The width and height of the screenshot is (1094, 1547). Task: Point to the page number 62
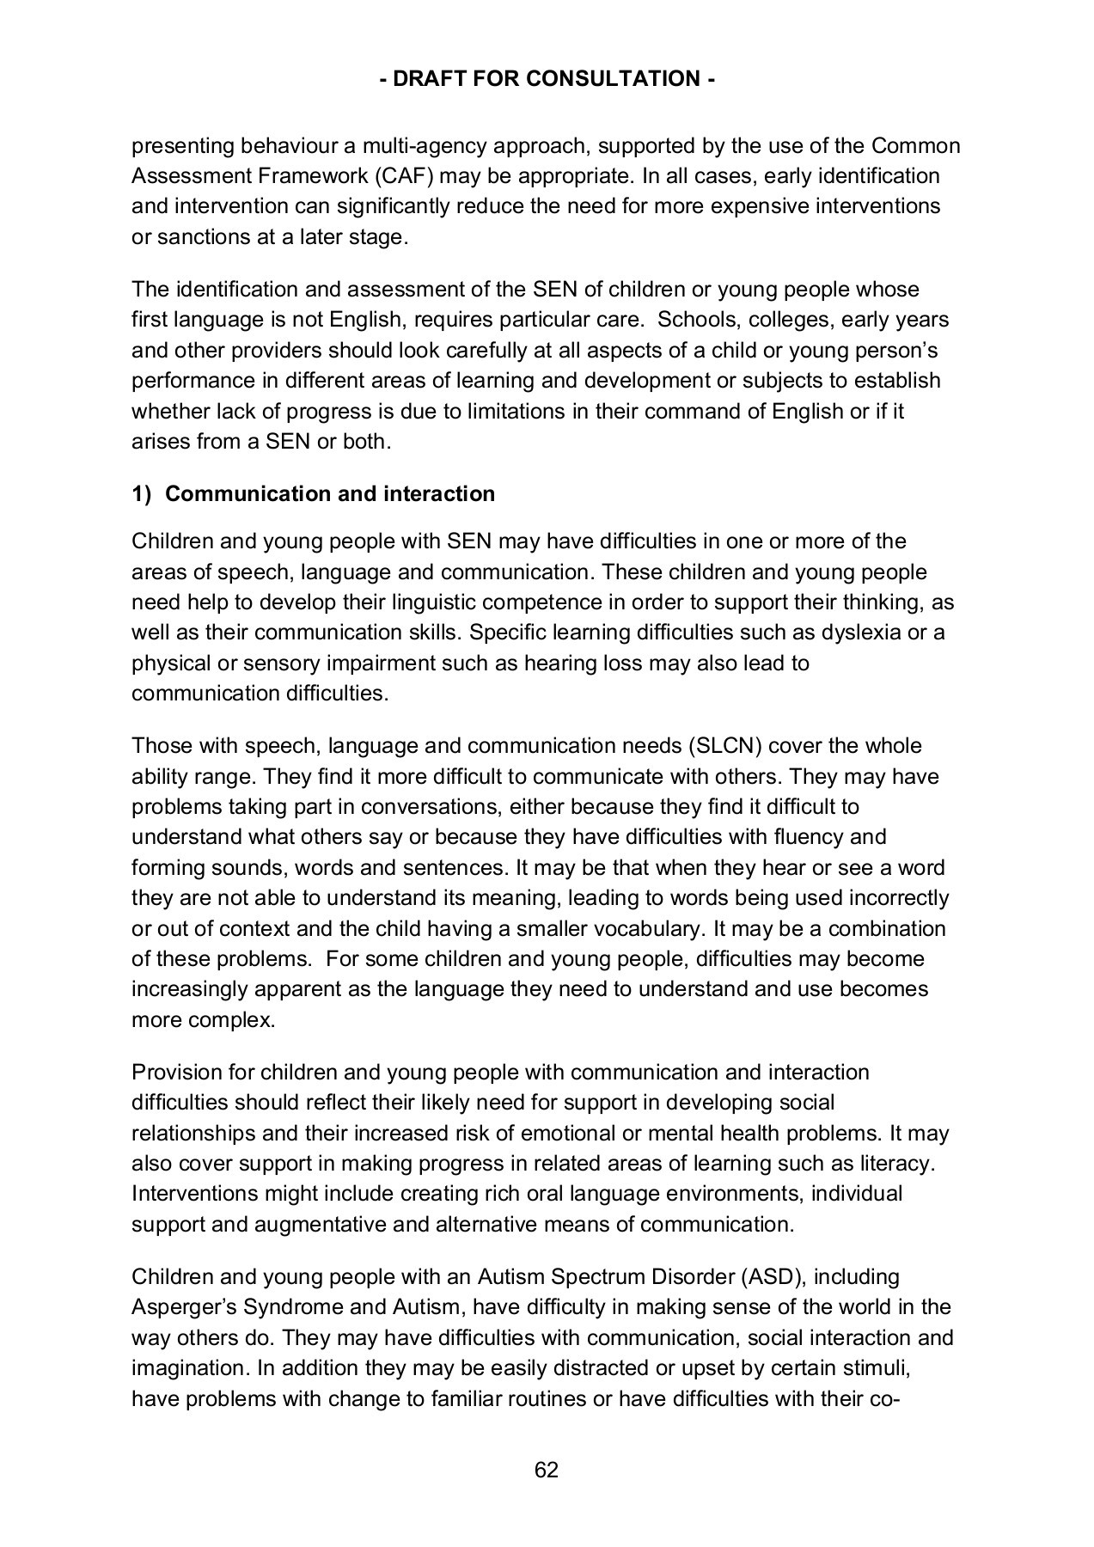[547, 1470]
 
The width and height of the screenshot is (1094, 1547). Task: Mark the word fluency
[809, 837]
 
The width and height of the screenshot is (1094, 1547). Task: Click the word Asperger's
[183, 1307]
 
